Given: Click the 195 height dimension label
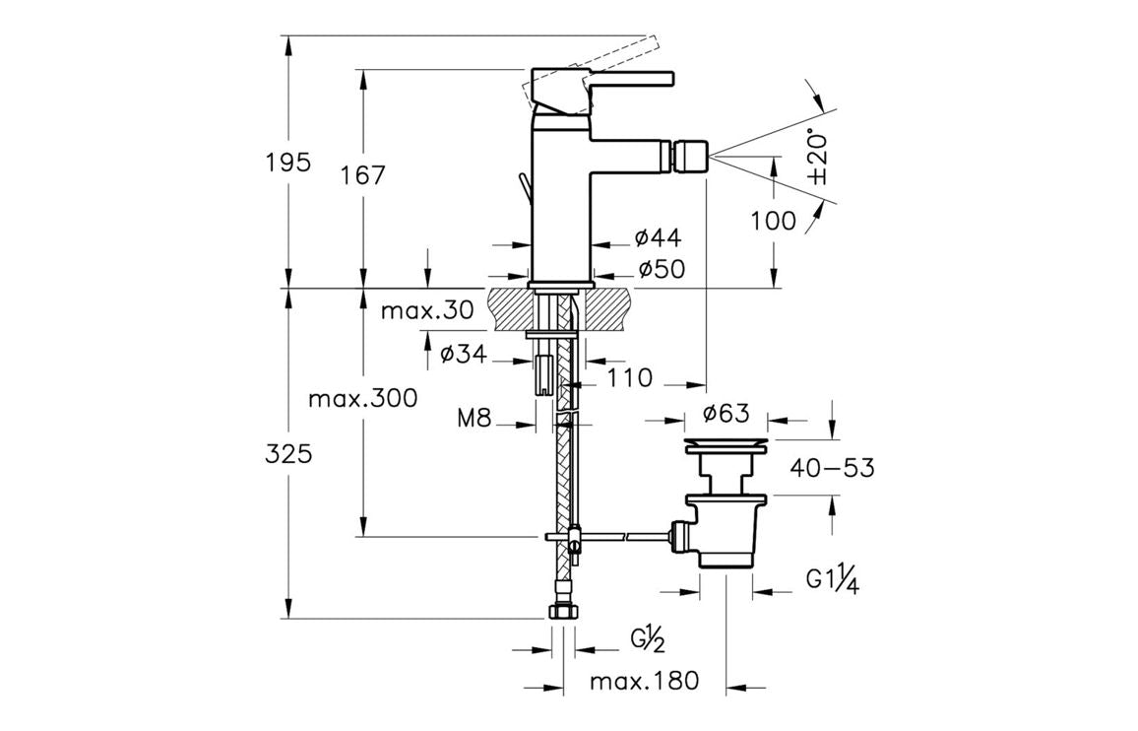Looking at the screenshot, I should tap(288, 162).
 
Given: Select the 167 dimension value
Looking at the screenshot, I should tap(363, 175).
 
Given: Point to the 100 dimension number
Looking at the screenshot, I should tap(773, 221).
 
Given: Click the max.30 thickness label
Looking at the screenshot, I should tap(427, 311).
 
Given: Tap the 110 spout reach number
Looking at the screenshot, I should tap(630, 377).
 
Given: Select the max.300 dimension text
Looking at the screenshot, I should tap(362, 399).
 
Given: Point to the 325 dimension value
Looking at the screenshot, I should tap(288, 454).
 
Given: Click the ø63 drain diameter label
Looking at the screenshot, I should tap(727, 412).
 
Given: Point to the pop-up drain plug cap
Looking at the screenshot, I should tap(727, 444).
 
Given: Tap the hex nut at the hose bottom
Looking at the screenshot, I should tap(563, 611).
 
